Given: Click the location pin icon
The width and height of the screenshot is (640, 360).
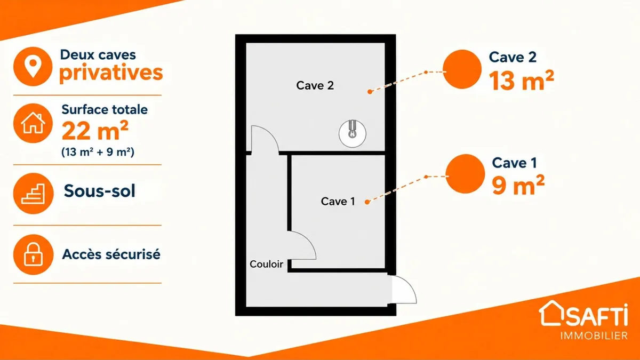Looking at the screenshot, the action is pos(33,67).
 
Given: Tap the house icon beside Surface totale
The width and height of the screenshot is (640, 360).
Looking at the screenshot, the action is pos(33,123).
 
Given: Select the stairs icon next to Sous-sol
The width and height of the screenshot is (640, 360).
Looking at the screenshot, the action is pos(33,194).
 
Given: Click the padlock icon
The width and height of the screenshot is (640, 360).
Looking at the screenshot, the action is pos(33,254).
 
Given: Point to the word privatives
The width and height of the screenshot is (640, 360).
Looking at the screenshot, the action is pos(111,73).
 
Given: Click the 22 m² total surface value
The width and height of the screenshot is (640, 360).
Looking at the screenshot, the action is pos(95,131).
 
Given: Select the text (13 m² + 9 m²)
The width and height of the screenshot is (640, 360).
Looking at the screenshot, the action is pos(98,151).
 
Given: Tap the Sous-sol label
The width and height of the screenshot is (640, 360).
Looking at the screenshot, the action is pos(99,191).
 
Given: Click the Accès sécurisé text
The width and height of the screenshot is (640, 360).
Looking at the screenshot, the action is pos(111,254).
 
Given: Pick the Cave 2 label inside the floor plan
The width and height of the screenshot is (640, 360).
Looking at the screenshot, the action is pos(315,85).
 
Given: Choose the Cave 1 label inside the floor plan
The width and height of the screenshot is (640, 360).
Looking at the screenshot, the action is pos(338,202).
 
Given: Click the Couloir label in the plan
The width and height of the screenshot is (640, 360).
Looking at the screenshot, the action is pos(266,264).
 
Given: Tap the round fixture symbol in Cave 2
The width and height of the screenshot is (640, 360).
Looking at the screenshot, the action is pos(353,133).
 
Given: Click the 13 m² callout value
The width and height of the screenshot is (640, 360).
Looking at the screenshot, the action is pos(522,81).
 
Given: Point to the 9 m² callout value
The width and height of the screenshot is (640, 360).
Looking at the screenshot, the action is pos(518,185).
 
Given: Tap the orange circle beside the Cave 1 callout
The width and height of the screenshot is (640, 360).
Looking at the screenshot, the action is pos(465,174).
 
